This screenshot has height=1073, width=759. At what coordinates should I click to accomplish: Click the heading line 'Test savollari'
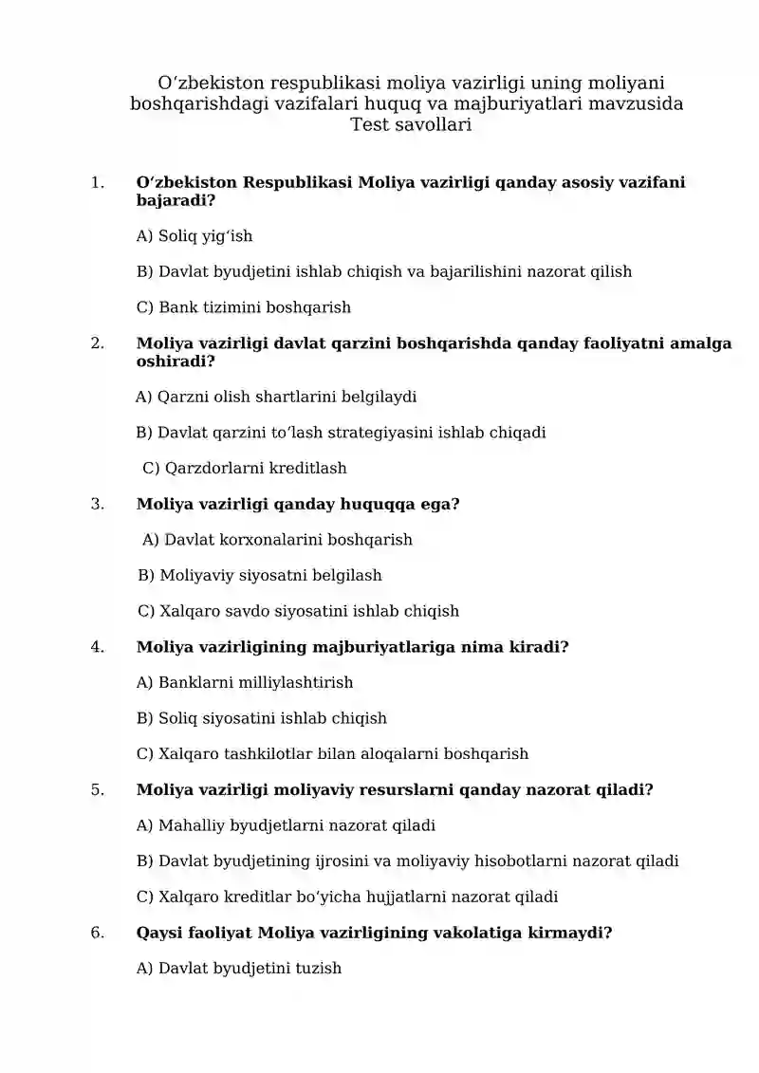410,124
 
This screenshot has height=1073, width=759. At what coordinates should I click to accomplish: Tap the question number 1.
97,182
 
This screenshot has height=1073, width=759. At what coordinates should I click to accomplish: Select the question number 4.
97,647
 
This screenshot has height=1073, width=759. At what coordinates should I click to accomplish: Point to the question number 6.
97,933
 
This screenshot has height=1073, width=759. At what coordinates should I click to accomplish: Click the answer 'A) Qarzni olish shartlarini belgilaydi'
276,397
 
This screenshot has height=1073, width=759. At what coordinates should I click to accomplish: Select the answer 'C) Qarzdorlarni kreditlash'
245,468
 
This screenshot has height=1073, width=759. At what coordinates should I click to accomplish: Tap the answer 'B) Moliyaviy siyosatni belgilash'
260,575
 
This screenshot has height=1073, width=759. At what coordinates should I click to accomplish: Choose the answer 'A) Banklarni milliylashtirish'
245,682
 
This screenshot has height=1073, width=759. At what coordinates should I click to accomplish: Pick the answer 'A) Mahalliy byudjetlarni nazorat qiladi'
286,825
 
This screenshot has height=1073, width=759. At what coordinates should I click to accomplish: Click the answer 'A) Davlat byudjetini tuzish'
239,969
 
